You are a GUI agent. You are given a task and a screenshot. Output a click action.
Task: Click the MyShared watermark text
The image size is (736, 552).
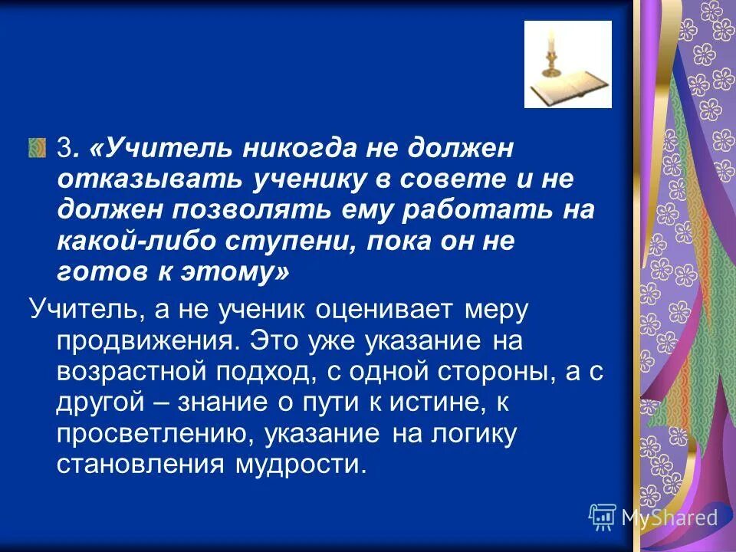coord(669,517)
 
